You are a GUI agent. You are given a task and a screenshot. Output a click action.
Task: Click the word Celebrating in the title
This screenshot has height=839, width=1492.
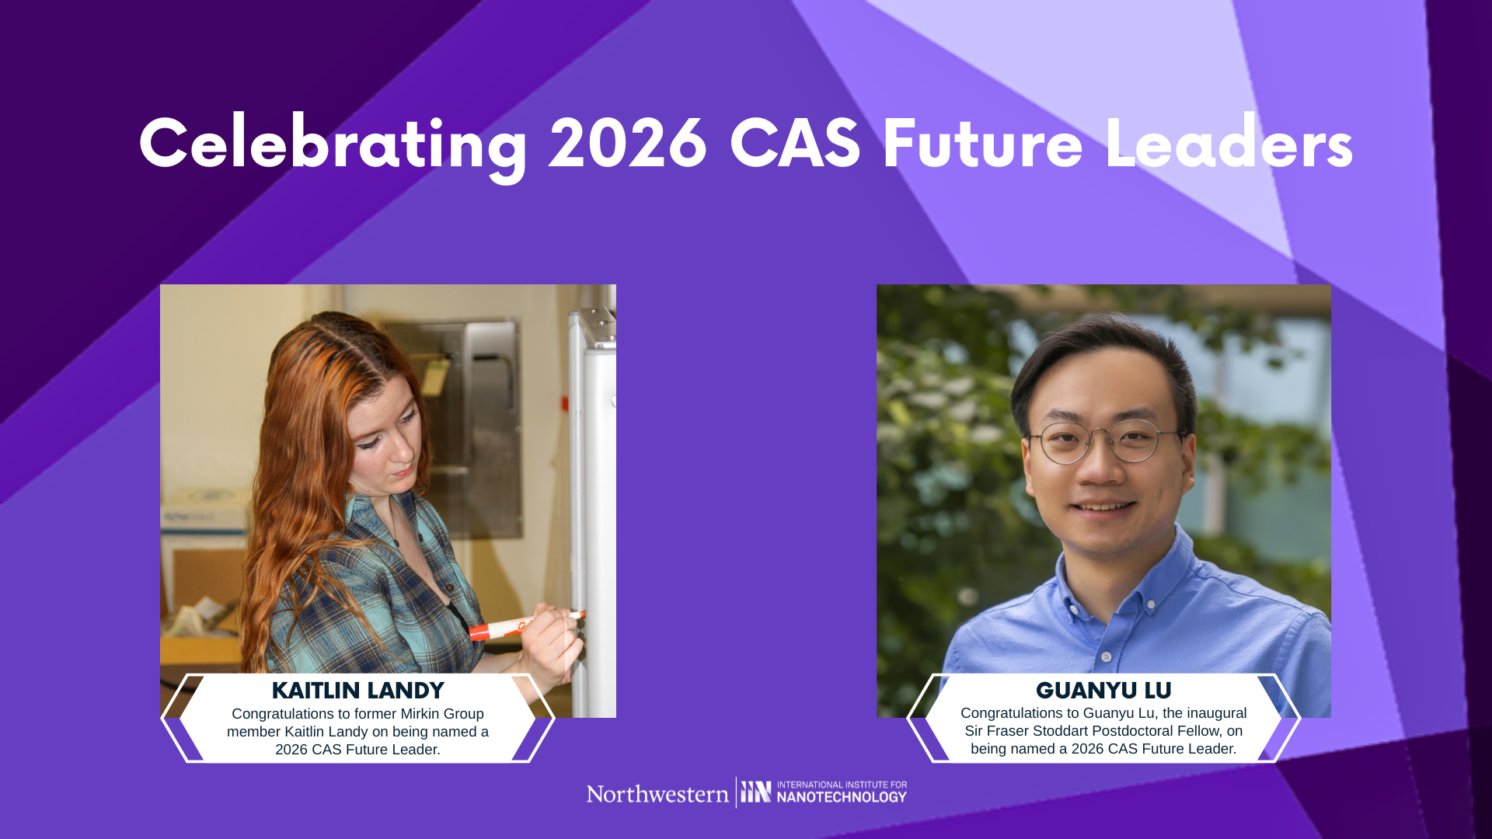coord(333,145)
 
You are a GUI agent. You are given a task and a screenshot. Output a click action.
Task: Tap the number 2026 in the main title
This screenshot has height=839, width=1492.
coord(628,144)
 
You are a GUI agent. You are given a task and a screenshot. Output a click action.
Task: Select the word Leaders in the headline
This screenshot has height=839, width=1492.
coord(1229,142)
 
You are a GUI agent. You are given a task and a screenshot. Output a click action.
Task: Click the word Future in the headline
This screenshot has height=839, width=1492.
coord(983,144)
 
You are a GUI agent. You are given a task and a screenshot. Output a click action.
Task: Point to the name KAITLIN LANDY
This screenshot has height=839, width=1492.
coord(357,691)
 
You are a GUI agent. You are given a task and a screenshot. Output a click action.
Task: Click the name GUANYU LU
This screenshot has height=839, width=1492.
coord(1103,691)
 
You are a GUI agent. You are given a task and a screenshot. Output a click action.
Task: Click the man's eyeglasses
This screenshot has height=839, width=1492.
coord(1107,442)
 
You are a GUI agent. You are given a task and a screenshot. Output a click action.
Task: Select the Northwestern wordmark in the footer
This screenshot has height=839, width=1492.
coord(657,794)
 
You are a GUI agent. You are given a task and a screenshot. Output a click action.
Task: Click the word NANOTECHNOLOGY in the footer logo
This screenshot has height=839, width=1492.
coord(842,797)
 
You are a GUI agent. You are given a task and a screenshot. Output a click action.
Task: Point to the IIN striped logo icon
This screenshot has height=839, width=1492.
coord(755,792)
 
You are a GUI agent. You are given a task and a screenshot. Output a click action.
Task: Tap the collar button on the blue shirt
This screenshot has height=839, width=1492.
coord(1106,657)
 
